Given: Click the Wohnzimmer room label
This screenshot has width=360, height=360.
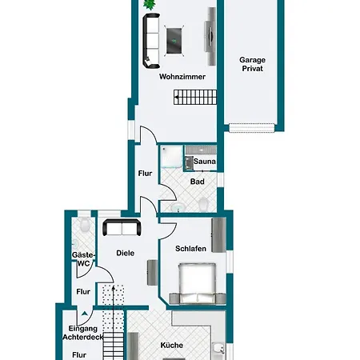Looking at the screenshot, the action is [x=182, y=77].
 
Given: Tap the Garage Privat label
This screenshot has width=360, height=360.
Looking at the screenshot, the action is [x=252, y=64].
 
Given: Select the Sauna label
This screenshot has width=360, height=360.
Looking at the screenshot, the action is [x=205, y=162].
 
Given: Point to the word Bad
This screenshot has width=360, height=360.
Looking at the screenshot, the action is [x=198, y=182].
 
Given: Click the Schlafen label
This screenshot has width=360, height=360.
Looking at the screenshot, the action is [x=190, y=249].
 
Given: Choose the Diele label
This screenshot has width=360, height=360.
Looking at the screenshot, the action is [x=126, y=253].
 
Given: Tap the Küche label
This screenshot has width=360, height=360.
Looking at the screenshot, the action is [x=172, y=346].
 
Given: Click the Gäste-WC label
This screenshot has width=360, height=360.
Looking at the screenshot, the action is [x=83, y=259].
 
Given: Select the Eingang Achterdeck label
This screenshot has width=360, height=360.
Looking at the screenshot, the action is [x=83, y=333].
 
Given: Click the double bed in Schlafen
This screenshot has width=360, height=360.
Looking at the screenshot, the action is [x=198, y=283].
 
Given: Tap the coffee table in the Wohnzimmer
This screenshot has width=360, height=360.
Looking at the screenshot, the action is [x=174, y=41].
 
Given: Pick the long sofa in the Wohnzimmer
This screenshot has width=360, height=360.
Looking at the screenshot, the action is [x=151, y=41].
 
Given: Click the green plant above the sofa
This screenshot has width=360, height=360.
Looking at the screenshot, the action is [x=150, y=4].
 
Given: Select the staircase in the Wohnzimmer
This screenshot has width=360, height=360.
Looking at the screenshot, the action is [x=195, y=97].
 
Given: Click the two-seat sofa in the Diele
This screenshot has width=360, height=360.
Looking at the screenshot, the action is [x=122, y=227].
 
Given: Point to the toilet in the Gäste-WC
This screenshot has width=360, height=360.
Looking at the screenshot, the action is [x=85, y=224].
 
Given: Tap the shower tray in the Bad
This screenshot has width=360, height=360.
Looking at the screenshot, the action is [x=172, y=156].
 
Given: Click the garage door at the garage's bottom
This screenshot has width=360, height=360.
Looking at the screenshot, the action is [x=252, y=128].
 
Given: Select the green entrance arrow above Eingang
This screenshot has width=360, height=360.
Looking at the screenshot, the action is [x=85, y=314].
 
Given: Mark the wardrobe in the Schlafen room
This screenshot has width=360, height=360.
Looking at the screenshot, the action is [x=218, y=235].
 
